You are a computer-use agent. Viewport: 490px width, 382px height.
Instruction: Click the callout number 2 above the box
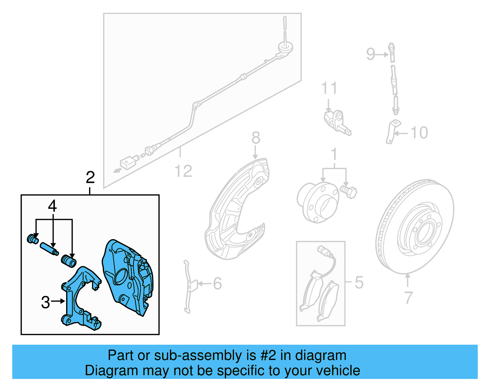(90, 178)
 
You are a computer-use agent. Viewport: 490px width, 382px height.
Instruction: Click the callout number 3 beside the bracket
(46, 302)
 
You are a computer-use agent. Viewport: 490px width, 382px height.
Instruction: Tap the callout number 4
(52, 206)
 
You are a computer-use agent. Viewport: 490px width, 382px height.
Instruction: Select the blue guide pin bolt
(49, 249)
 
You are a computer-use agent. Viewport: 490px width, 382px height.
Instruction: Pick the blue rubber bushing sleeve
(69, 261)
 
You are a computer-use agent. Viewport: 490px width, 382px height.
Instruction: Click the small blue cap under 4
(33, 239)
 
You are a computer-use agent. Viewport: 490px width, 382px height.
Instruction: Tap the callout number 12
(183, 171)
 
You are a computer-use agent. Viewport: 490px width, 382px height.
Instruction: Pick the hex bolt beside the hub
(349, 192)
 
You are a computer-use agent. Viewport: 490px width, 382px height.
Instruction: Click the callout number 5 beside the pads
(359, 282)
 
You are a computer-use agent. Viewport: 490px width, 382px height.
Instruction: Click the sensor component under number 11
(337, 122)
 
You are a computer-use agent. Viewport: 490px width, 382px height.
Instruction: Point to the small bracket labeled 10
(391, 132)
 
